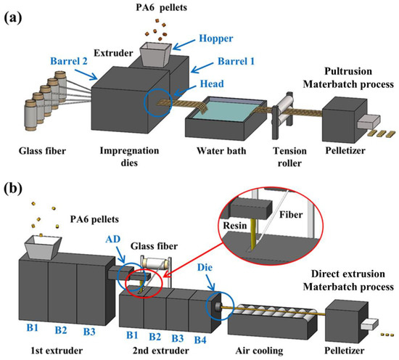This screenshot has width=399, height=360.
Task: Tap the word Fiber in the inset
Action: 291,216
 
